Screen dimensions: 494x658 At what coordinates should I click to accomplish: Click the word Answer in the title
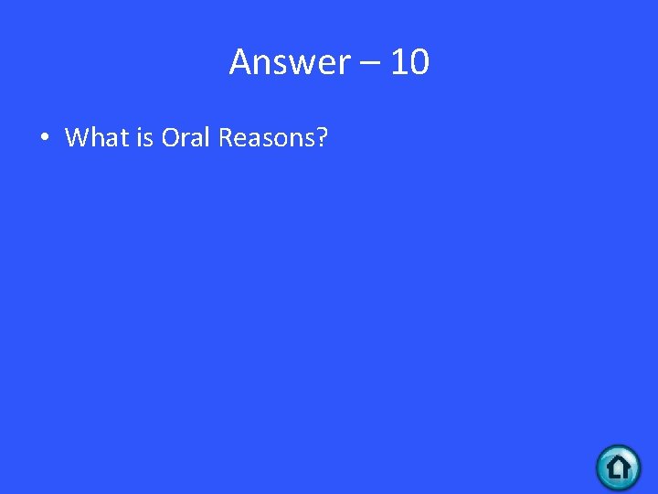(x=289, y=63)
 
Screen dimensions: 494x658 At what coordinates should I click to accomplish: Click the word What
(x=91, y=138)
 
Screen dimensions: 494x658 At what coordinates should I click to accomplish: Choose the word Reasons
(x=267, y=138)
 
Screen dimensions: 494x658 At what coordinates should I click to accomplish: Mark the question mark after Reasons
(x=323, y=138)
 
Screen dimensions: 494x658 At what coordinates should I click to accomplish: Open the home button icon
(x=619, y=467)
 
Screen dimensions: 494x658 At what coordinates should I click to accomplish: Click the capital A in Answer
(x=240, y=63)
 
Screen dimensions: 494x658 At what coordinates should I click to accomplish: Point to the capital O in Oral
(x=171, y=138)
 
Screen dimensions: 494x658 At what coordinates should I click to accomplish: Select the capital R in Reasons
(x=227, y=138)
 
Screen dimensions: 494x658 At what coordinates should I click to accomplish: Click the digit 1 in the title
(x=398, y=63)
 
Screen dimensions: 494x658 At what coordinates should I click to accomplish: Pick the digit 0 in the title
(x=419, y=63)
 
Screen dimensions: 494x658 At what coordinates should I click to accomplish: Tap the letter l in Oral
(x=208, y=138)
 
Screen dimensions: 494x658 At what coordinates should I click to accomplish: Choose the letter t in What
(x=115, y=138)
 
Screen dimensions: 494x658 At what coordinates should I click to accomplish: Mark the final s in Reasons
(x=308, y=140)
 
